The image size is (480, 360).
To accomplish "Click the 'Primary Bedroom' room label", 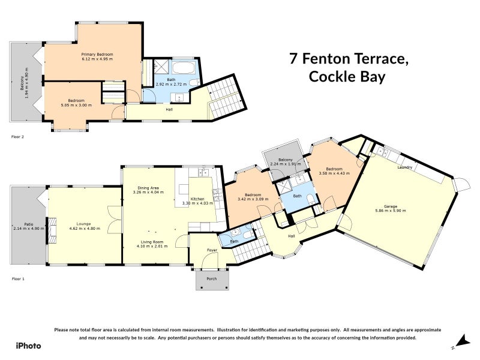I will (97, 54).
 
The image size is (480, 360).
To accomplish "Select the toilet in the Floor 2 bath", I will (193, 82).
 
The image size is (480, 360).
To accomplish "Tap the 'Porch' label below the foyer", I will (212, 278).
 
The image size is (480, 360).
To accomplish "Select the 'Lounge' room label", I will (83, 223).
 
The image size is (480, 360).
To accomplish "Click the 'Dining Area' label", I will (148, 187).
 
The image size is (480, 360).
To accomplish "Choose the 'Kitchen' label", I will (197, 199).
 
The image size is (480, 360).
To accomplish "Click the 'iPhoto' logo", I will (28, 346).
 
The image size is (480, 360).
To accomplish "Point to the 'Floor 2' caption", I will (18, 137).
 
